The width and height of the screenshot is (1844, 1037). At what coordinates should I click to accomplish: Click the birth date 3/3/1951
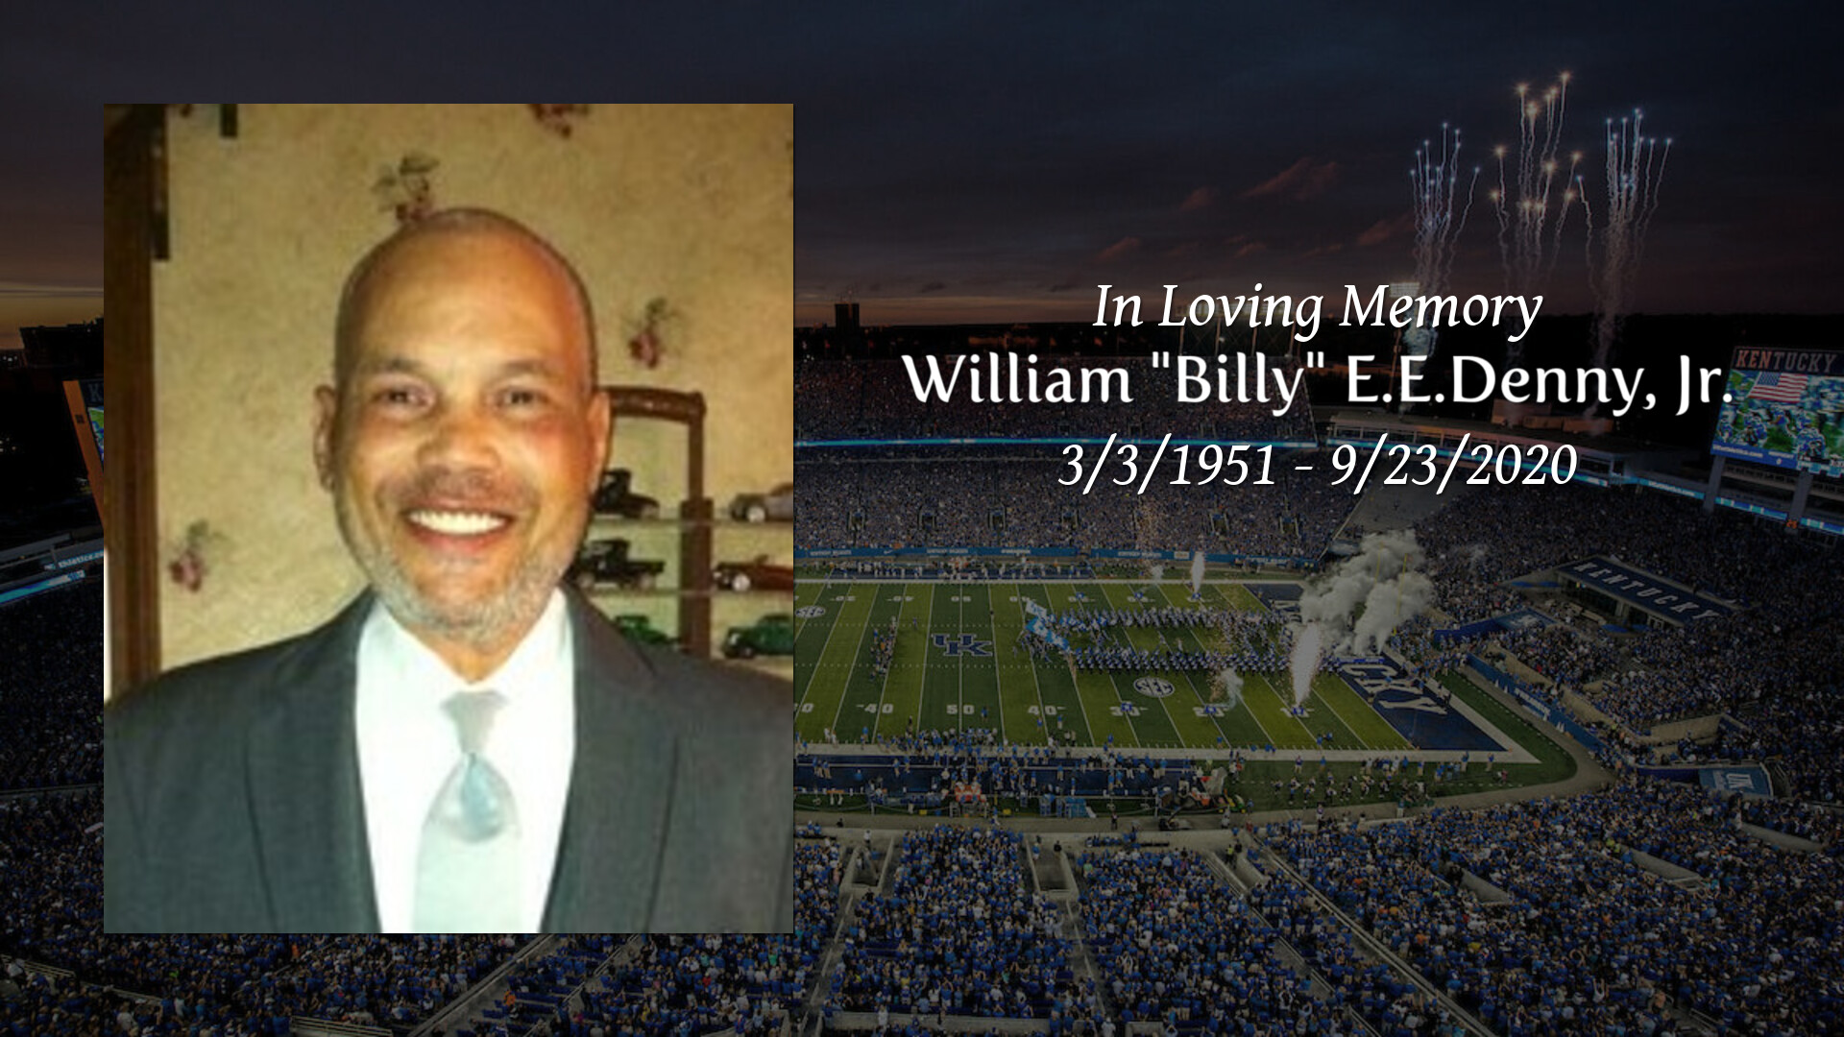tap(1167, 466)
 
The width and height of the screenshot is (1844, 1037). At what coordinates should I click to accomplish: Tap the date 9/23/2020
tap(1452, 466)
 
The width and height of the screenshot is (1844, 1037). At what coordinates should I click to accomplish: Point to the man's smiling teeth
tap(457, 523)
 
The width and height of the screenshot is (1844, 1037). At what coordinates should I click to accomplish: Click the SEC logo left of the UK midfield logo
tap(811, 611)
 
